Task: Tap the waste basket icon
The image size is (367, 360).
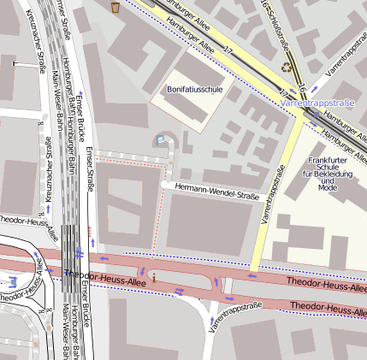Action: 115,8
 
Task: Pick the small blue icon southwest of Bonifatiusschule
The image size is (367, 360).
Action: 159,139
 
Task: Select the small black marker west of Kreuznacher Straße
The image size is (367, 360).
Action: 14,63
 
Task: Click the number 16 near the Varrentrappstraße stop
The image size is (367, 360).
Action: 303,90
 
